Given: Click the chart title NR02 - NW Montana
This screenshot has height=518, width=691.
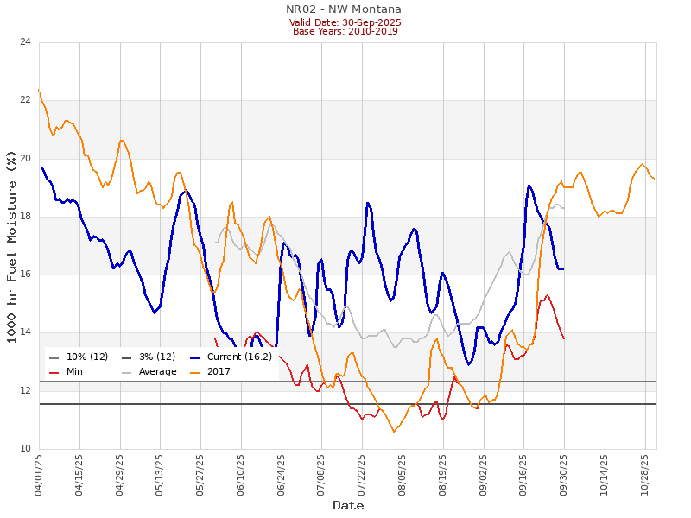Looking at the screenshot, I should (344, 9).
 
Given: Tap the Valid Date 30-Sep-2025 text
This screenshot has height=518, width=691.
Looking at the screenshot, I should (344, 22).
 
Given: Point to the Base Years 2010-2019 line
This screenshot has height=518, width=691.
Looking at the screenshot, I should (344, 32).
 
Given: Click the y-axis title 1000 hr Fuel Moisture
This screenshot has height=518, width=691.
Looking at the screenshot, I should (11, 246).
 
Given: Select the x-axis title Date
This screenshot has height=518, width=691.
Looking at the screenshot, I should (348, 505).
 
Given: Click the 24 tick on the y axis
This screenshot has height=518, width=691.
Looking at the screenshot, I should (24, 42).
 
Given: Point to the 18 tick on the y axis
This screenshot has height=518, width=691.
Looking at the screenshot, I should (24, 217).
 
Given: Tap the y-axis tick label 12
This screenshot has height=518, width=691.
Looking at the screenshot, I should (24, 391).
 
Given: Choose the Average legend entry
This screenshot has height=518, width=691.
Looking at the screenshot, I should (156, 372).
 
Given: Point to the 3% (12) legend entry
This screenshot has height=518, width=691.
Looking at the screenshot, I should (156, 357).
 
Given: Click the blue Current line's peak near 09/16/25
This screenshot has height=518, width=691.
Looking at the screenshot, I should (529, 185).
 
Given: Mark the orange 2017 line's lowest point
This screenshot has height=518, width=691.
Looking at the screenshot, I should (394, 432).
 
